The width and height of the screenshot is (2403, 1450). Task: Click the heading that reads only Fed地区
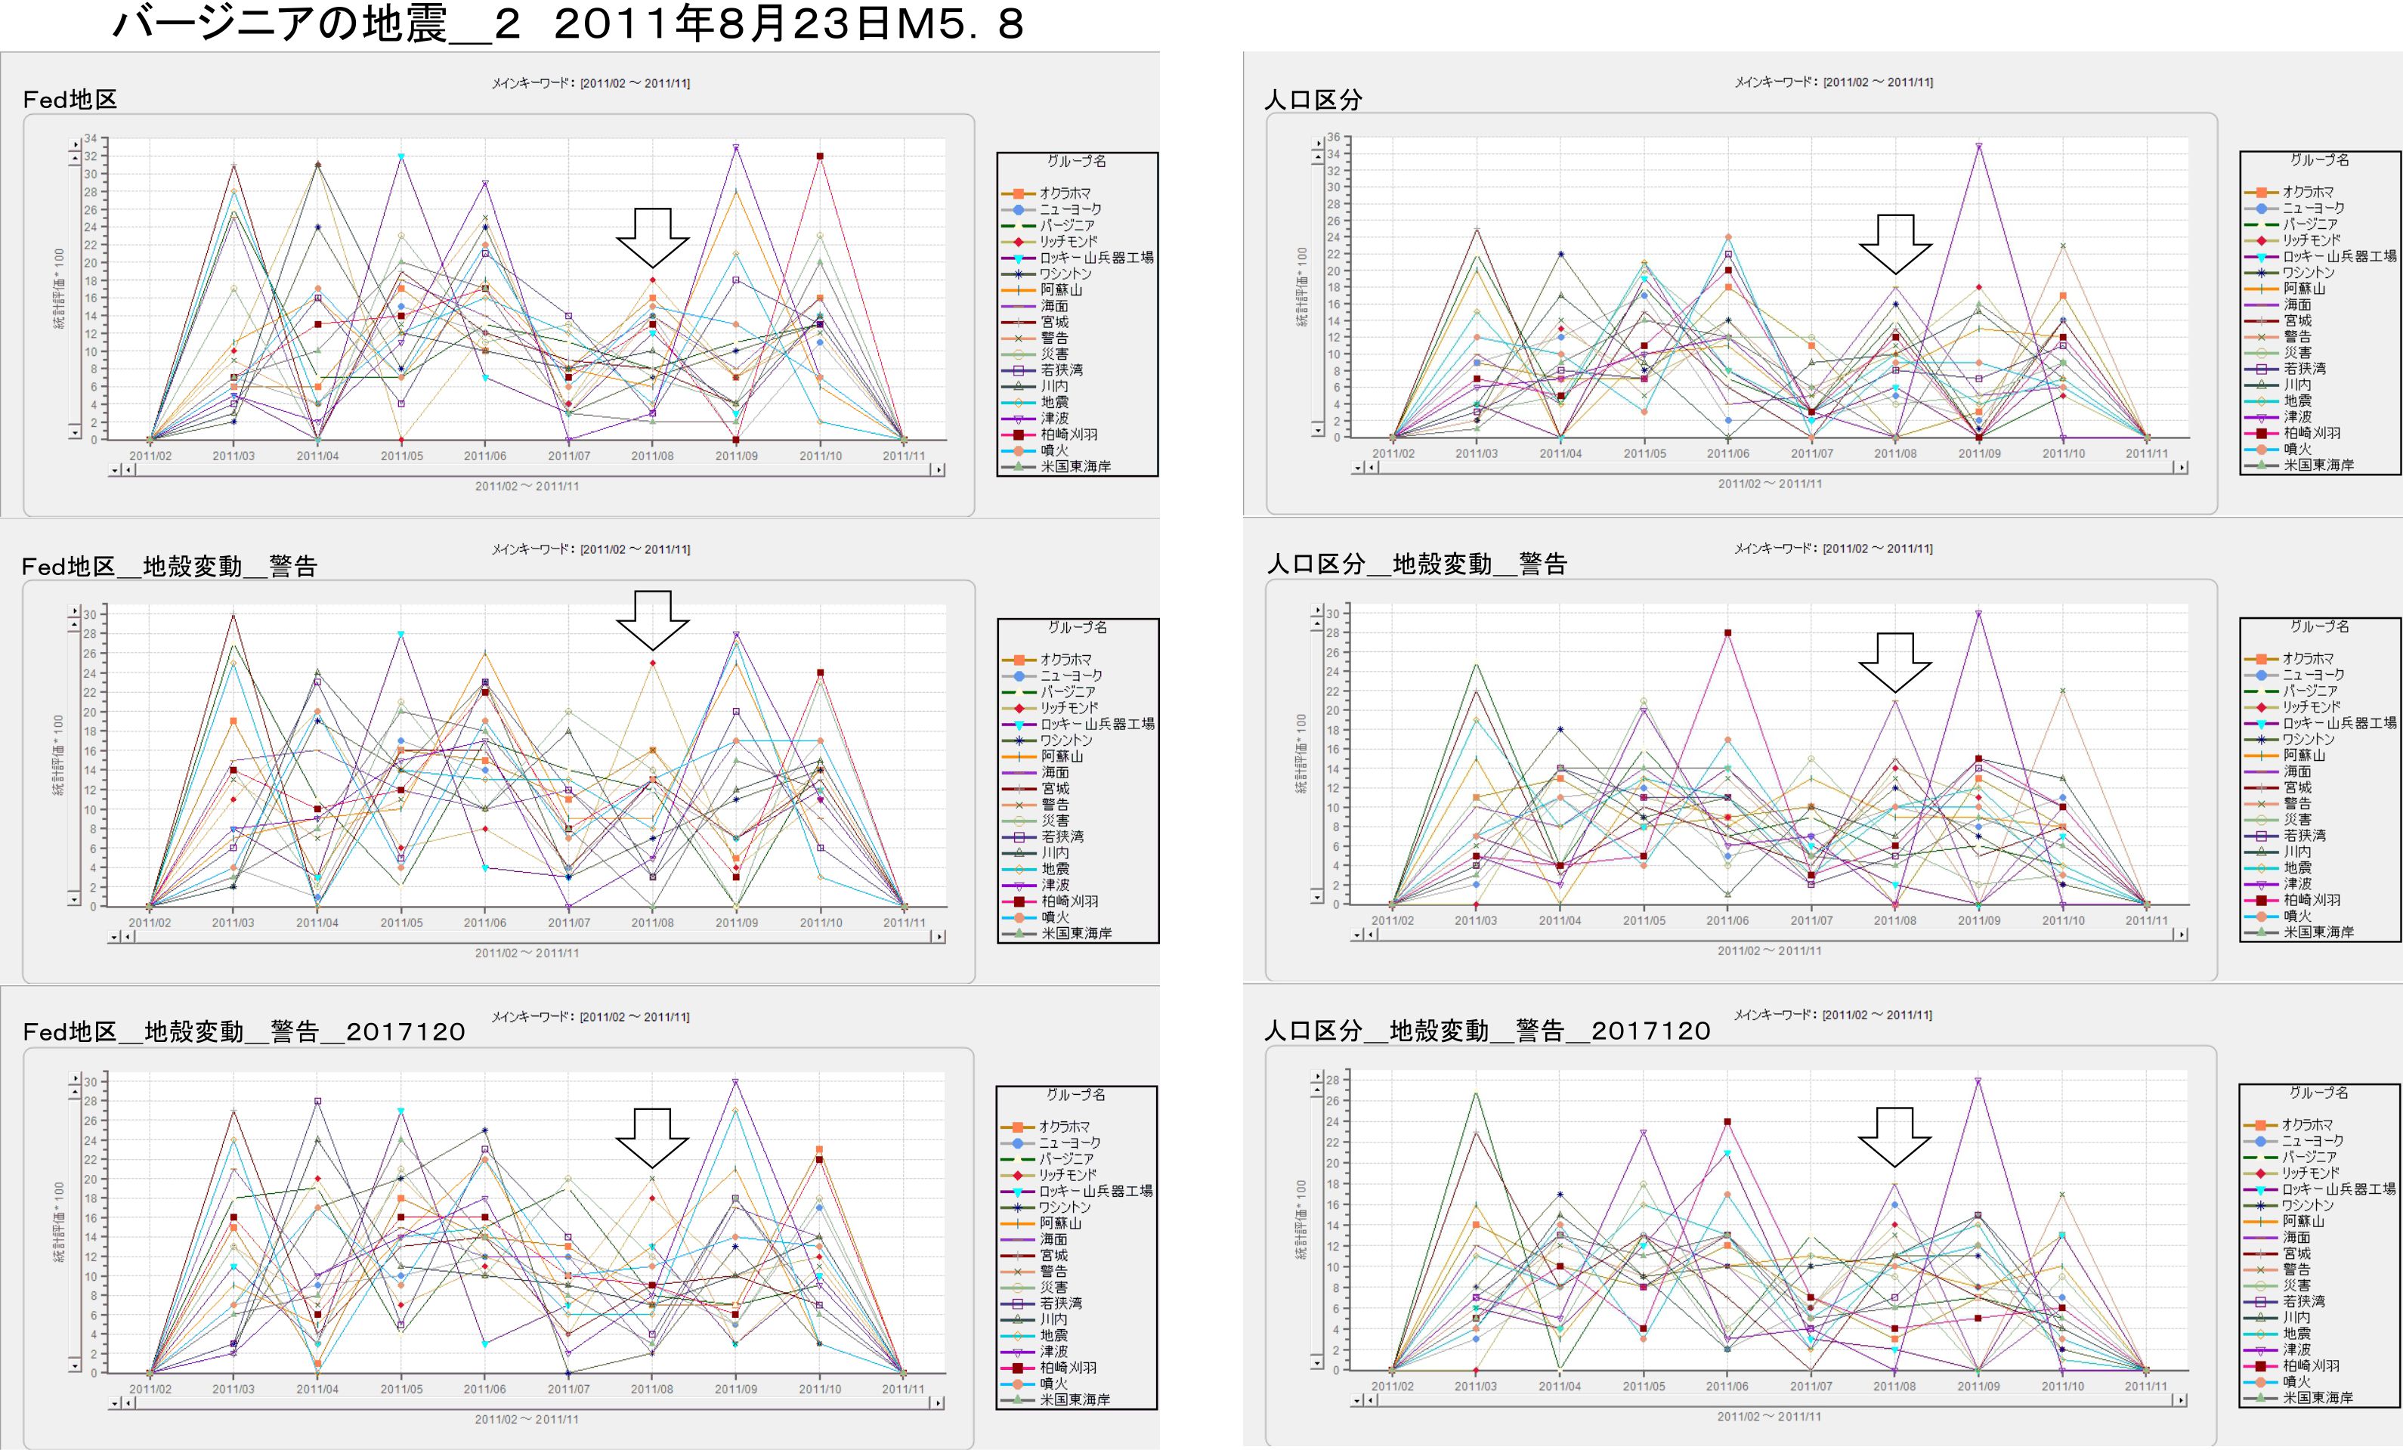tap(70, 100)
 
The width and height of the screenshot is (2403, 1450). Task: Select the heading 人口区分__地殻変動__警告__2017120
tap(1487, 1031)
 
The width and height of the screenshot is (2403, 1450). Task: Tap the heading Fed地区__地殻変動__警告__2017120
tap(244, 1031)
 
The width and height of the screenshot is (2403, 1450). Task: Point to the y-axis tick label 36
tap(1332, 138)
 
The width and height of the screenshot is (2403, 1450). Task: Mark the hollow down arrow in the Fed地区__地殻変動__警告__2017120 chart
tap(651, 1138)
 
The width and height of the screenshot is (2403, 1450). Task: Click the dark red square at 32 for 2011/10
tap(820, 156)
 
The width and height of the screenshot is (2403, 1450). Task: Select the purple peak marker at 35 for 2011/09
tap(1979, 147)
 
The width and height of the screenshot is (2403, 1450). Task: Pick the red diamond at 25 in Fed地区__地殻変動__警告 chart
tap(652, 663)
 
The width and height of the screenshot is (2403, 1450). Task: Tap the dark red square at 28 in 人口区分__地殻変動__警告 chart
tap(1727, 633)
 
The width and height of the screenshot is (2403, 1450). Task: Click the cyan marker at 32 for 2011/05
tap(400, 156)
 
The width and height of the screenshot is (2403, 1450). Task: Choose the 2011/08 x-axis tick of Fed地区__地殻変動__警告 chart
tap(652, 923)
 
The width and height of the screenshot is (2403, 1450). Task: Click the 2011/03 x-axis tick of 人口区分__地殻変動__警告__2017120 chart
tap(1476, 1386)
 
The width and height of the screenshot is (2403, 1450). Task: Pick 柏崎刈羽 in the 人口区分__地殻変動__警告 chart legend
tap(2310, 900)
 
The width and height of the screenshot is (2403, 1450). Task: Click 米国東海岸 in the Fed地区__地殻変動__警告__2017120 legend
tap(1075, 1399)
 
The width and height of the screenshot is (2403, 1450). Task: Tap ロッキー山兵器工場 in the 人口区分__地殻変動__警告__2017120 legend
tap(2339, 1189)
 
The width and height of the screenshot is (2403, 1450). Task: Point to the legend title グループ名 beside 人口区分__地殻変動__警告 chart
tap(2319, 626)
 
